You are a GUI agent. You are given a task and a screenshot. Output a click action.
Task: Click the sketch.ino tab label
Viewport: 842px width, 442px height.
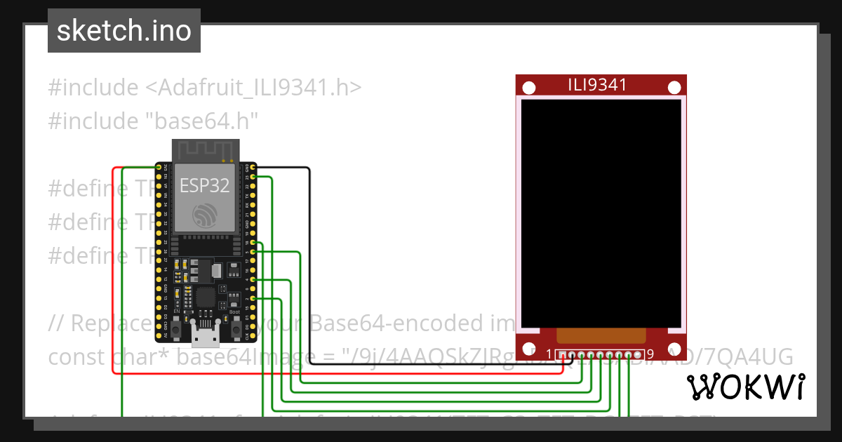(x=124, y=31)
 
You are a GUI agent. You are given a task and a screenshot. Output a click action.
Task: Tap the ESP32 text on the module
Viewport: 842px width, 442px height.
(x=203, y=185)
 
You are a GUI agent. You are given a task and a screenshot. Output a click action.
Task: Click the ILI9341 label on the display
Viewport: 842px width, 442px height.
(x=597, y=86)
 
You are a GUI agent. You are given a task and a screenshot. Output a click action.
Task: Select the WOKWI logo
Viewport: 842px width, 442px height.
(x=745, y=387)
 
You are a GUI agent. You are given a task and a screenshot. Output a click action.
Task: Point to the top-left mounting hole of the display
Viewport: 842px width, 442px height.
(x=530, y=88)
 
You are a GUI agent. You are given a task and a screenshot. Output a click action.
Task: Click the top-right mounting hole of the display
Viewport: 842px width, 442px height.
(x=674, y=88)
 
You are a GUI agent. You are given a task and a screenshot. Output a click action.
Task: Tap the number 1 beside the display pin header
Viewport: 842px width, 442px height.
(x=549, y=354)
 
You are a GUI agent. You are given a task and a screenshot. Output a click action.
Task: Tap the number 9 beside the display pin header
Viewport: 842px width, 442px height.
(x=650, y=354)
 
